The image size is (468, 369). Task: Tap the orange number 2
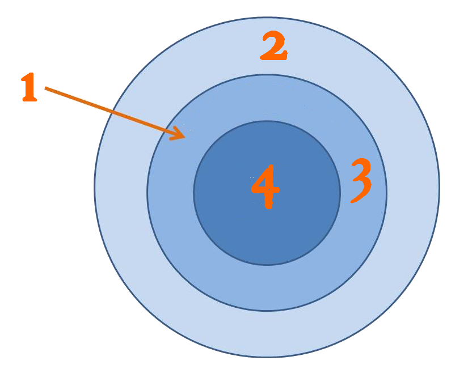coord(273,46)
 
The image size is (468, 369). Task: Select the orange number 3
coord(360,180)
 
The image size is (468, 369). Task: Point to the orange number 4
coord(265,186)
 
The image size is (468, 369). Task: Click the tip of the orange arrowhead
coord(185,137)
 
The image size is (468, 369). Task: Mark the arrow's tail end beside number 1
coord(45,88)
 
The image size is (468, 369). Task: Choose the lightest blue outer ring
coord(267,334)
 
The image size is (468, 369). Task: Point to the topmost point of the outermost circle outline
coord(267,17)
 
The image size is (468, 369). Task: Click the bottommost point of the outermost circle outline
coord(267,357)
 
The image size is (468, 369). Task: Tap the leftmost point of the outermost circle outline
coord(94,187)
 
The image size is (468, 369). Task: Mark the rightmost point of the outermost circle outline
coord(440,187)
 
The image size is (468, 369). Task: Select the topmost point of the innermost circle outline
coord(267,121)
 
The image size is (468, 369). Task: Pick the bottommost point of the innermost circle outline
coord(267,265)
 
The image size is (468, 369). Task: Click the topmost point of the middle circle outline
coord(267,74)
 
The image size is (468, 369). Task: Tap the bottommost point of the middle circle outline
coord(267,311)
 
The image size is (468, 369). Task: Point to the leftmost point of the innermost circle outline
coord(193,193)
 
